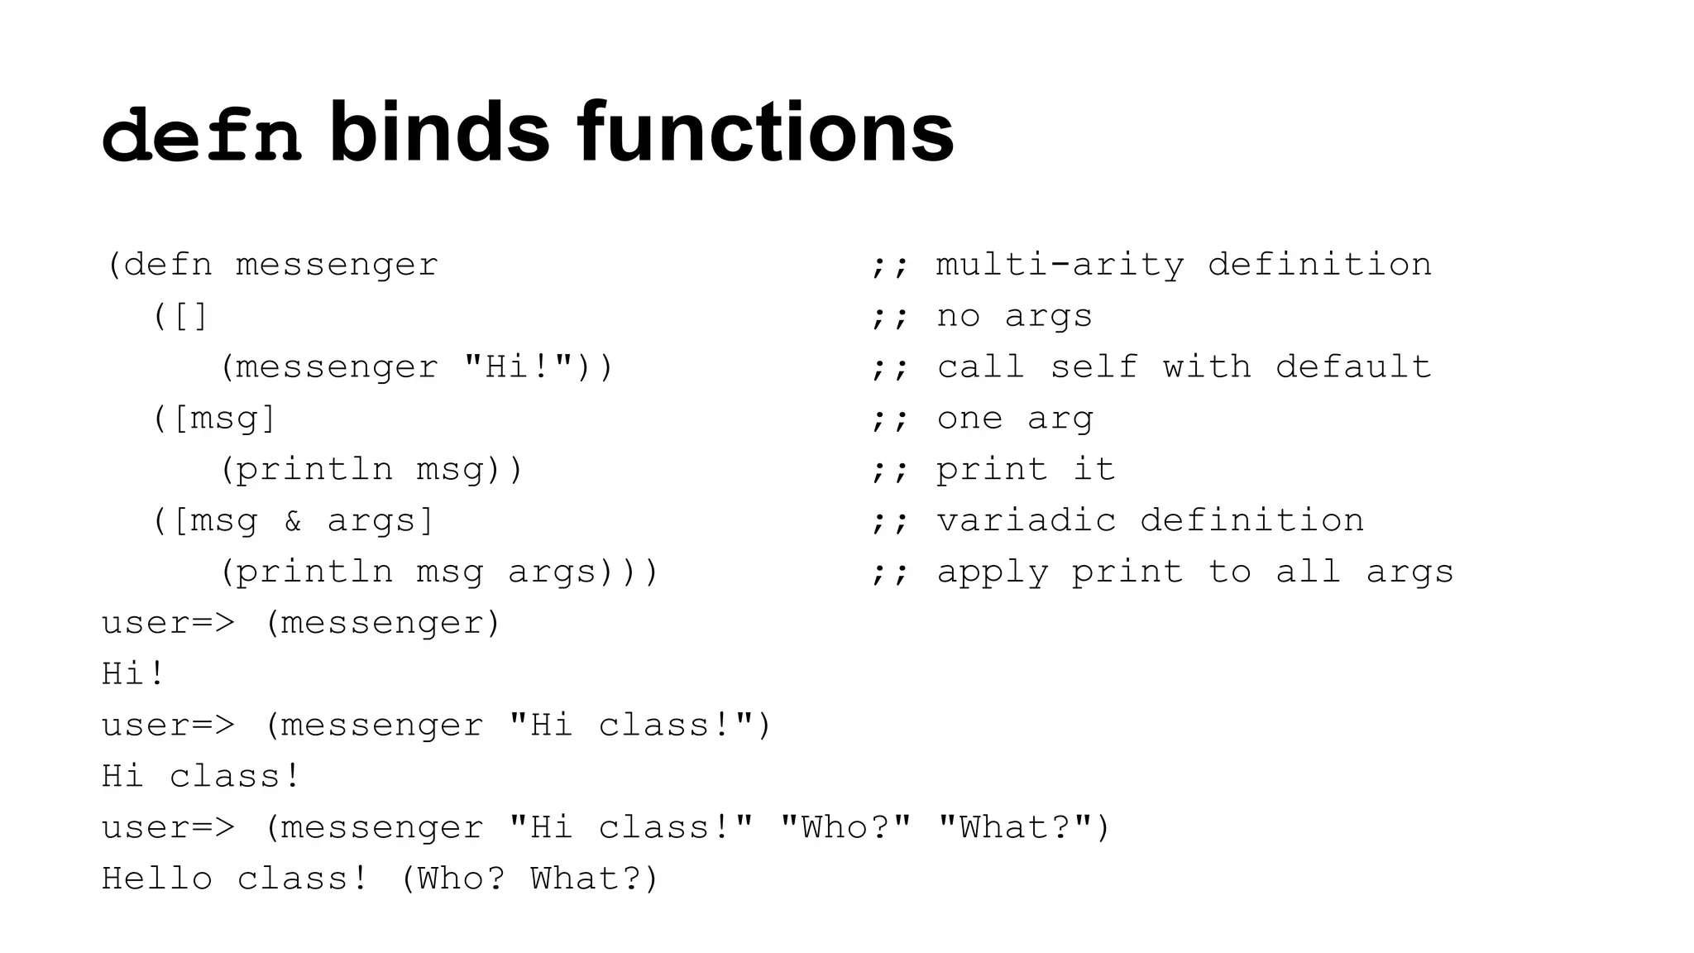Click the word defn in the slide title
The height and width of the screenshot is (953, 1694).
(201, 134)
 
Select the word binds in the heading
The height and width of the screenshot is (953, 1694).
(439, 132)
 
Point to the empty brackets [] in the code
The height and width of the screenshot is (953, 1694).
(191, 316)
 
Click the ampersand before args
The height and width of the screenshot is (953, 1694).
(293, 521)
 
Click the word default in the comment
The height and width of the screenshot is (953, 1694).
(1353, 367)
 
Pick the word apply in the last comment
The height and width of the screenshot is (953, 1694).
(992, 572)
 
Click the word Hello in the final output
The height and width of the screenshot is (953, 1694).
(157, 879)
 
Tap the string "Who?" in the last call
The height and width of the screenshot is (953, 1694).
(845, 827)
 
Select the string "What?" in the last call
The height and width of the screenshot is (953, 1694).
(1015, 827)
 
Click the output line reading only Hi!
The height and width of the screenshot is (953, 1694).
(133, 673)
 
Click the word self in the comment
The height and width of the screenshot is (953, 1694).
(1093, 367)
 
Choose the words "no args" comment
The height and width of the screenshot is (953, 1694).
(1014, 316)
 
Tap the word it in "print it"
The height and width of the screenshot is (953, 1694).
(1093, 470)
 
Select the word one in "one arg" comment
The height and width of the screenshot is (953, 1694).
(969, 419)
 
